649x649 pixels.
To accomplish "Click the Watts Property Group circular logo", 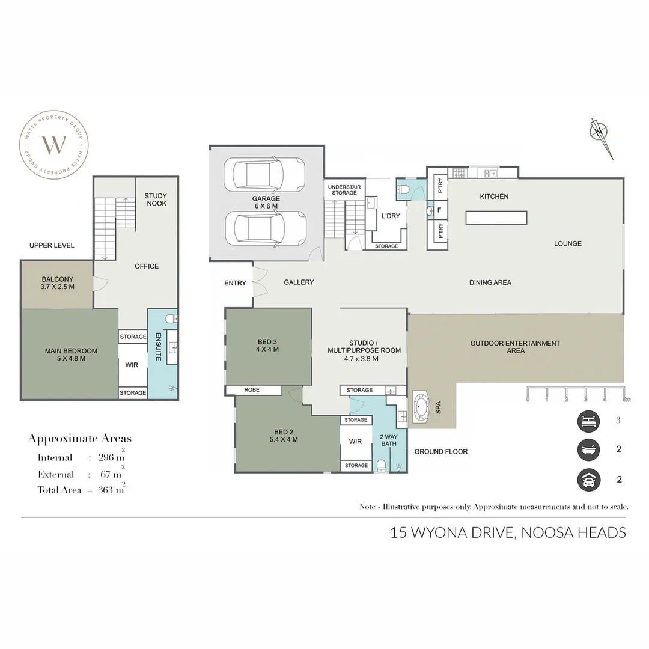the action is (54, 145).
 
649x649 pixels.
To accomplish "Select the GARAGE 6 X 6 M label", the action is (266, 203).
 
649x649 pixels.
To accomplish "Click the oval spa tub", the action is (422, 408).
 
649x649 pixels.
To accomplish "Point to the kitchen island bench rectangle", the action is (496, 218).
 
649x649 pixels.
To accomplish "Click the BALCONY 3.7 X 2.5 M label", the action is (58, 283).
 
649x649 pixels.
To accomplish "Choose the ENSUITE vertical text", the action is (158, 347).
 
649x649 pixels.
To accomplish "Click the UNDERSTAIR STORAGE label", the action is (344, 190).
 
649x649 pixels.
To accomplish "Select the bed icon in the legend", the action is (588, 421).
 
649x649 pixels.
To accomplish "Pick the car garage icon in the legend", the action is (588, 480).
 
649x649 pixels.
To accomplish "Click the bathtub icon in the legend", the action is (588, 450).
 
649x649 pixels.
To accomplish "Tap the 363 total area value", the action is (105, 490).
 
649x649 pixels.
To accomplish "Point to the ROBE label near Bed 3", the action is (252, 390).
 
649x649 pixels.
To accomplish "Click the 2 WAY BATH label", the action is (389, 440).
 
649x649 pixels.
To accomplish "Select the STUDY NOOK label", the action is (156, 200).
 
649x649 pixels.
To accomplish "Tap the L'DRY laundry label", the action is (391, 216).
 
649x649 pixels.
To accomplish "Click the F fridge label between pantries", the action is (439, 210).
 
